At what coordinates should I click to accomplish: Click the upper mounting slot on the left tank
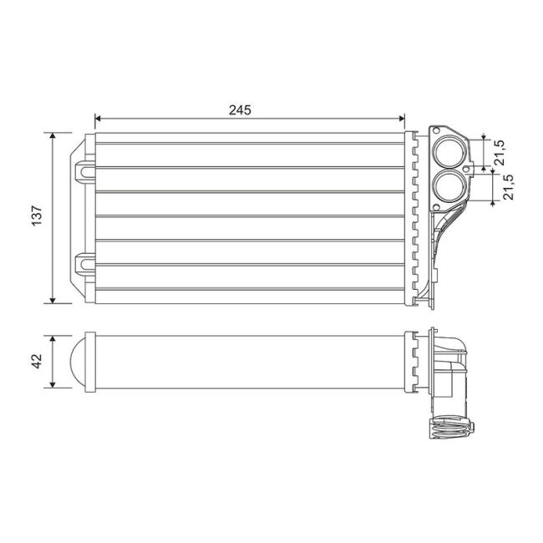(85, 170)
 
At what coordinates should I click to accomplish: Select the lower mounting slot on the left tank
(85, 264)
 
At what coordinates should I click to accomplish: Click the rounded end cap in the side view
(79, 362)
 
